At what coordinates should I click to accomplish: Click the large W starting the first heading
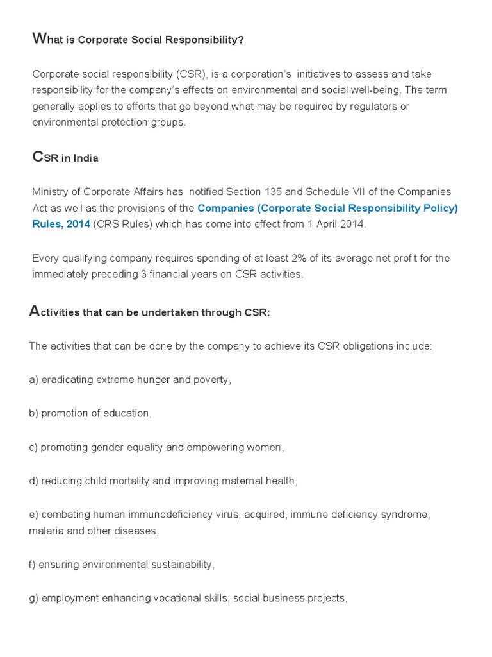pyautogui.click(x=38, y=39)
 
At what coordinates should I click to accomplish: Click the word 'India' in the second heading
pyautogui.click(x=86, y=158)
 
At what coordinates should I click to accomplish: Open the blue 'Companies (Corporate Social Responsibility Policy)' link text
pyautogui.click(x=327, y=208)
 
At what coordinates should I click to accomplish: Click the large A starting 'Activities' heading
pyautogui.click(x=35, y=312)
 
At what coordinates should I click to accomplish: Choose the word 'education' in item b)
pyautogui.click(x=127, y=413)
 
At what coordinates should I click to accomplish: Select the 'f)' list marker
pyautogui.click(x=33, y=565)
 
